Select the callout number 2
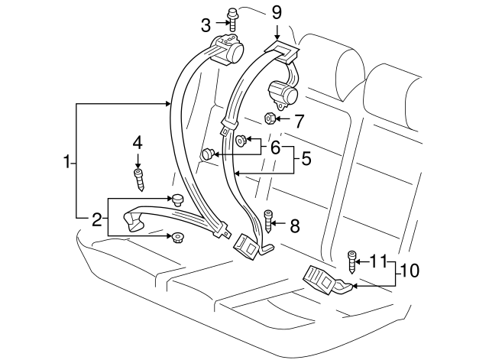pyautogui.click(x=97, y=219)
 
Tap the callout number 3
pyautogui.click(x=206, y=25)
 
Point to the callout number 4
pyautogui.click(x=138, y=143)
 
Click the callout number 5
pyautogui.click(x=306, y=158)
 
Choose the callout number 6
pyautogui.click(x=275, y=148)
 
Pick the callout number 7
pyautogui.click(x=299, y=121)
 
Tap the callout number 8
pyautogui.click(x=295, y=225)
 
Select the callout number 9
pyautogui.click(x=277, y=13)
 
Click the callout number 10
pyautogui.click(x=410, y=270)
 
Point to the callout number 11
pyautogui.click(x=378, y=261)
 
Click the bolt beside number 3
pyautogui.click(x=232, y=19)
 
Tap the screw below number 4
pyautogui.click(x=139, y=180)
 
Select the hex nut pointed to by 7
pyautogui.click(x=269, y=119)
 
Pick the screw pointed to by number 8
pyautogui.click(x=268, y=221)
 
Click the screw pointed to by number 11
pyautogui.click(x=351, y=262)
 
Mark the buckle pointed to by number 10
pyautogui.click(x=327, y=280)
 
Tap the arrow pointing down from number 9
pyautogui.click(x=277, y=31)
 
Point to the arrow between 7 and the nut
pyautogui.click(x=283, y=119)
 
